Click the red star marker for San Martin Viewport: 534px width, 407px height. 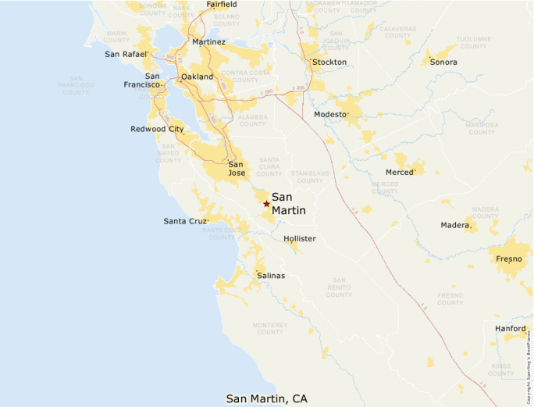pyautogui.click(x=266, y=204)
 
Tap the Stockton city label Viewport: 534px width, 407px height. pyautogui.click(x=329, y=62)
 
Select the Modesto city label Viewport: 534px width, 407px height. pyautogui.click(x=330, y=114)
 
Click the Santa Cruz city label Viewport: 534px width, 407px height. pyautogui.click(x=186, y=221)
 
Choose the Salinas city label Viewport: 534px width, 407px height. pyautogui.click(x=271, y=276)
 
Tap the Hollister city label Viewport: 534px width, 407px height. pyautogui.click(x=300, y=238)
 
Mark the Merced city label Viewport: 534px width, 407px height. pyautogui.click(x=400, y=172)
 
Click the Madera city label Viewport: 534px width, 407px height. pyautogui.click(x=456, y=225)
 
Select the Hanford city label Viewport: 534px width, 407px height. pyautogui.click(x=511, y=329)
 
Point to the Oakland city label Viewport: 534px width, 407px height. pyautogui.click(x=196, y=77)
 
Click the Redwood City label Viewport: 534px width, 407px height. pyautogui.click(x=157, y=129)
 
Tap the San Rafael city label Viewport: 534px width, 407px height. pyautogui.click(x=126, y=54)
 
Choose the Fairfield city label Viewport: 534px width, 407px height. pyautogui.click(x=222, y=5)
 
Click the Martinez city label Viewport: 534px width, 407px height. pyautogui.click(x=208, y=41)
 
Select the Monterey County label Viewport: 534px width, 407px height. pyautogui.click(x=270, y=328)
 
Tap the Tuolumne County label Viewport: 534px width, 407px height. pyautogui.click(x=474, y=42)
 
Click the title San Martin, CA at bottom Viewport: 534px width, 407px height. pyautogui.click(x=267, y=398)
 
